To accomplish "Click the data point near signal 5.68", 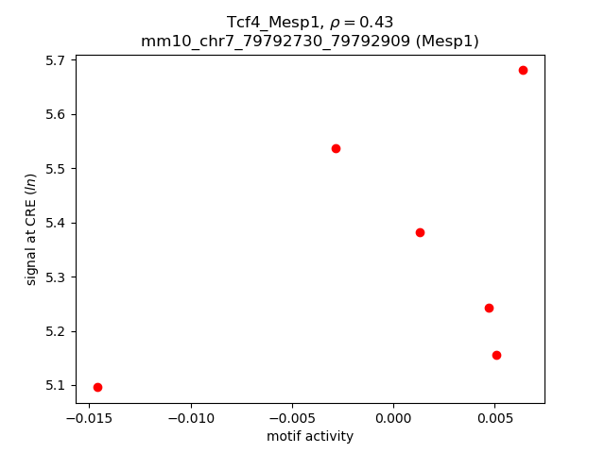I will pyautogui.click(x=523, y=70).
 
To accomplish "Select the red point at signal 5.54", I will pyautogui.click(x=336, y=148).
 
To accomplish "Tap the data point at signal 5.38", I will pyautogui.click(x=420, y=232).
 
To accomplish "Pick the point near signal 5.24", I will pyautogui.click(x=489, y=308).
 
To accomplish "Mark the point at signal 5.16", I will pyautogui.click(x=496, y=355).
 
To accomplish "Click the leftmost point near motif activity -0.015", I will pyautogui.click(x=97, y=387).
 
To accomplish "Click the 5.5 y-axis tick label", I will pyautogui.click(x=57, y=169).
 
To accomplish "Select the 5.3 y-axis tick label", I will pyautogui.click(x=57, y=277).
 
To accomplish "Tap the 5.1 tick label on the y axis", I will pyautogui.click(x=57, y=386).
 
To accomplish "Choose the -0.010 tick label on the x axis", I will pyautogui.click(x=192, y=418).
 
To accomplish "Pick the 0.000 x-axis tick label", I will pyautogui.click(x=393, y=418).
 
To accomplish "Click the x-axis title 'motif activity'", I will pyautogui.click(x=310, y=436).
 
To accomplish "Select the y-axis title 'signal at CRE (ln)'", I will pyautogui.click(x=31, y=229).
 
